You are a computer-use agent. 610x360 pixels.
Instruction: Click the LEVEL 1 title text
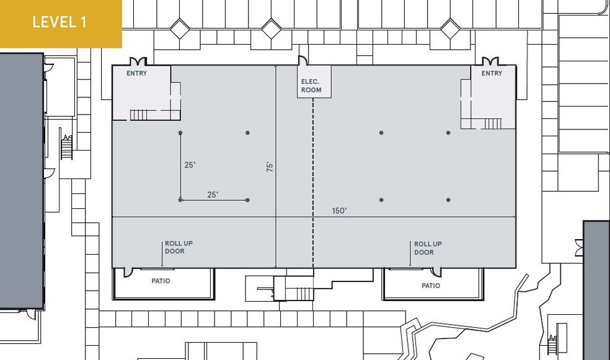point(60,22)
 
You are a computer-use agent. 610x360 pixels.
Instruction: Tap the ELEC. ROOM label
point(311,86)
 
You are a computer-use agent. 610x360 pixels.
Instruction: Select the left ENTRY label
point(137,73)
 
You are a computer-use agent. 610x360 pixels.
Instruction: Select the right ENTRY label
point(492,73)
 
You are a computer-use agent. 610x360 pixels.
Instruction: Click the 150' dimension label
point(339,211)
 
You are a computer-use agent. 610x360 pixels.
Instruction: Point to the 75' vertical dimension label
point(270,166)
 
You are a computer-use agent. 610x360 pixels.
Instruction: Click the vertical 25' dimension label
point(190,165)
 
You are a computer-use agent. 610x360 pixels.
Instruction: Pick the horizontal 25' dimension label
point(213,195)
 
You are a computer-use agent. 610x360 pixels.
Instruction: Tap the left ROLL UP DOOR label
point(179,248)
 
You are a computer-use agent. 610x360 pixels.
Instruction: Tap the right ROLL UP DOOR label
point(428,248)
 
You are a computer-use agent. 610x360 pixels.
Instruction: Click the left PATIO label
point(161,281)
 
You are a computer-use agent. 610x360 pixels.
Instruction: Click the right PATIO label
point(431,286)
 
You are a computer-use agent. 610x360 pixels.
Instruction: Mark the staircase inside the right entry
point(491,123)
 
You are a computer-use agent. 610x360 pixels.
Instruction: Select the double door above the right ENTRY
point(490,61)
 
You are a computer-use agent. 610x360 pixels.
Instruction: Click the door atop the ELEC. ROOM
point(303,61)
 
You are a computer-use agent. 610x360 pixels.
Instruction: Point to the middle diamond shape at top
point(271,28)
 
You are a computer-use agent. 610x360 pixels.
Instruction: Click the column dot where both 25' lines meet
point(180,200)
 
